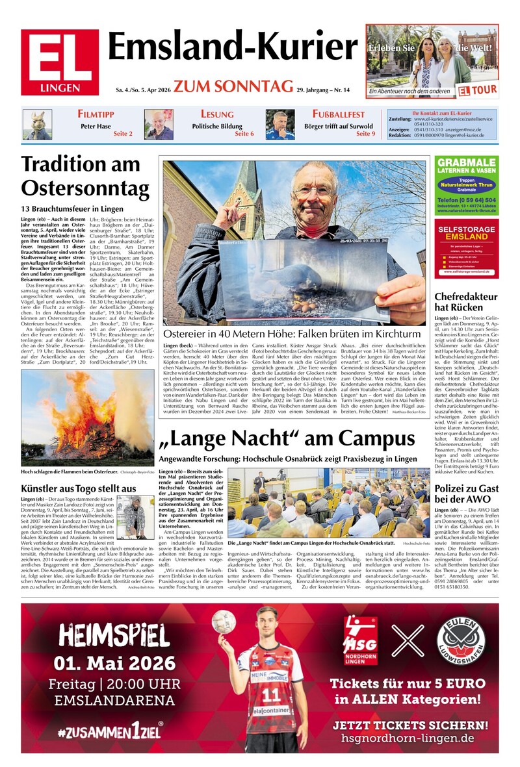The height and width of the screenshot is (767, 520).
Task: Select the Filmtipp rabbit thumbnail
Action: [x=38, y=125]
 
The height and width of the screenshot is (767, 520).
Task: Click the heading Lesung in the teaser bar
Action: [x=217, y=114]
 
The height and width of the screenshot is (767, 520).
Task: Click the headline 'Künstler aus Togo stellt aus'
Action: [x=79, y=488]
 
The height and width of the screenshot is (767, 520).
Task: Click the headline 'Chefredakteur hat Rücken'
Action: [x=465, y=302]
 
